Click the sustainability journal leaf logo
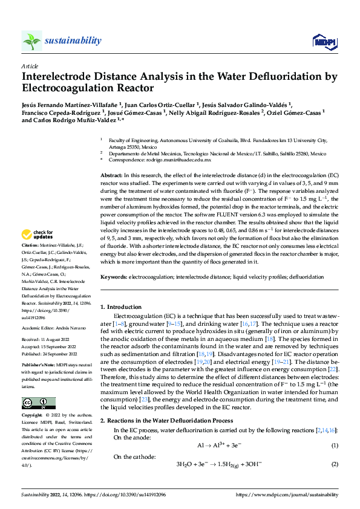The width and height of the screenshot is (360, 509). [x=32, y=41]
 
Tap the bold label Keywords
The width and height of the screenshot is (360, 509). [x=114, y=276]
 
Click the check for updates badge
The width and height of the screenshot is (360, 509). [x=39, y=234]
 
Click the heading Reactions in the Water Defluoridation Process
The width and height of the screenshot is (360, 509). [x=175, y=420]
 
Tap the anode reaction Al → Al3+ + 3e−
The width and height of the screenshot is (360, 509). [x=220, y=446]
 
